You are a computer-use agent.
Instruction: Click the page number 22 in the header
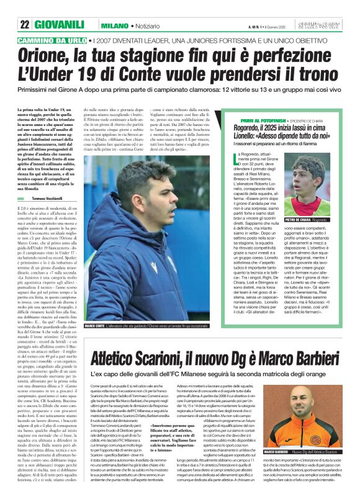pos(24,24)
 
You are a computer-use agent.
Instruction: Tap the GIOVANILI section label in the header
pos(59,24)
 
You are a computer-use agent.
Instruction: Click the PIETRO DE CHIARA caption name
pos(297,220)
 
